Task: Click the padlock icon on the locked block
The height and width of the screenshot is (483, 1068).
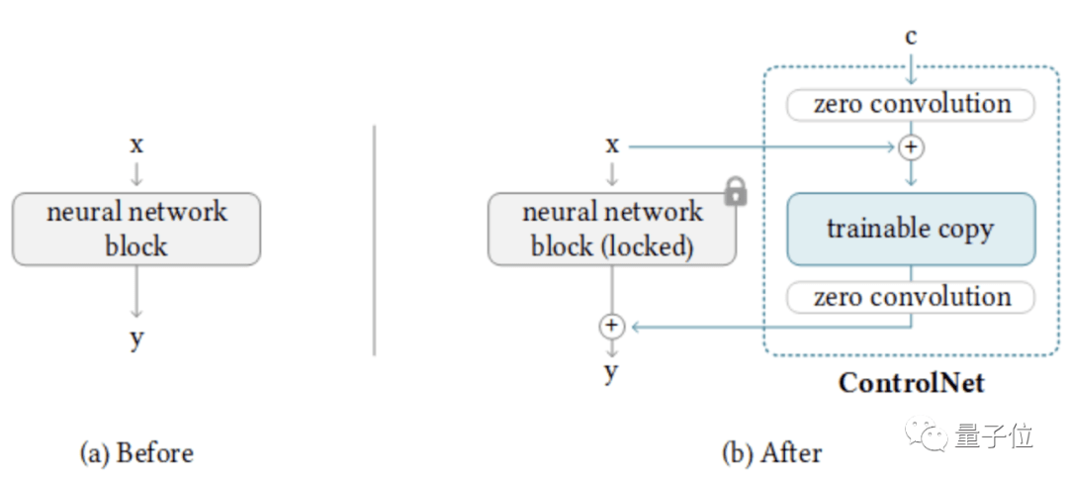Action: (735, 190)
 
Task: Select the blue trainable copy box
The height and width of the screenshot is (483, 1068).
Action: (910, 229)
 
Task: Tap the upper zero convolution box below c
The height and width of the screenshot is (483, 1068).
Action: (910, 104)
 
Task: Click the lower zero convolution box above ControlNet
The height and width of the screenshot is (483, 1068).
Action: (910, 297)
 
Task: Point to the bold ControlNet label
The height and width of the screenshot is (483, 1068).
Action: (911, 382)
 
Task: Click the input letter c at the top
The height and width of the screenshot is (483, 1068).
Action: (911, 38)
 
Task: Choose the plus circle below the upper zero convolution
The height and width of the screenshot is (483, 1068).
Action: (911, 147)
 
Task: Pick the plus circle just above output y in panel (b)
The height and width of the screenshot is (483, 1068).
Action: (612, 325)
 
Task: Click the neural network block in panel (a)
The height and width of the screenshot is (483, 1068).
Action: (136, 229)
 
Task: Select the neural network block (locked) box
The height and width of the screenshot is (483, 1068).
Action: (611, 229)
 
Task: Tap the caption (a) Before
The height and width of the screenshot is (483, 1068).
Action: (136, 453)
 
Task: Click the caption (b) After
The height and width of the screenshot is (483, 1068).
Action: (771, 453)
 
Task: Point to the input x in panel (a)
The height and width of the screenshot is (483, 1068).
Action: (136, 145)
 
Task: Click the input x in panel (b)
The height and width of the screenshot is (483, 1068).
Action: (612, 145)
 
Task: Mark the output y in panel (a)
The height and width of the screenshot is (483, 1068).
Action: (136, 338)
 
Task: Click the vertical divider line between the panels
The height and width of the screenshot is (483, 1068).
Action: (375, 238)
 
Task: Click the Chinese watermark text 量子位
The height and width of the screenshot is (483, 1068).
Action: (994, 435)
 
